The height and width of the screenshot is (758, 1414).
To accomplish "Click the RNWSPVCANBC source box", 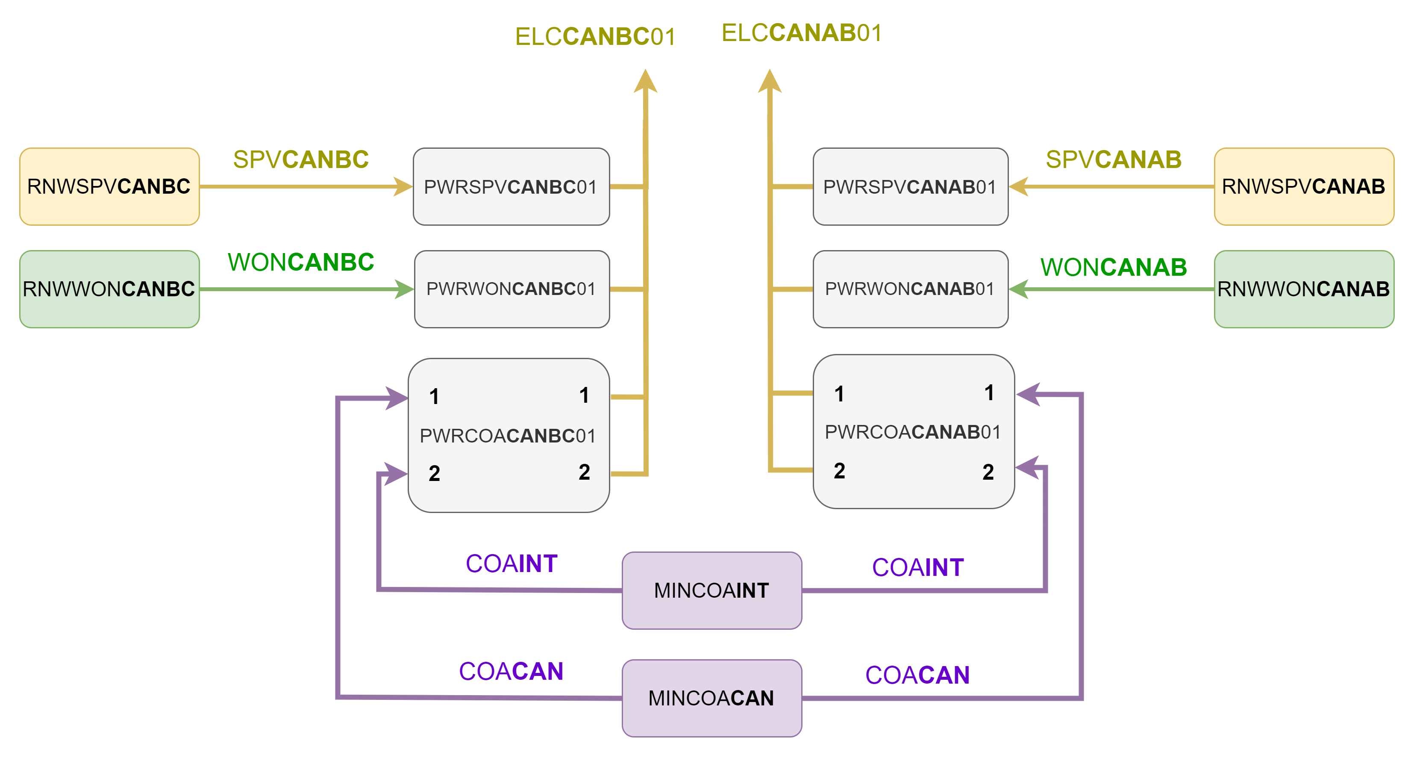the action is pyautogui.click(x=109, y=186).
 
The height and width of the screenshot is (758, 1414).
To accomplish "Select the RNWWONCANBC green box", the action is pyautogui.click(x=109, y=289).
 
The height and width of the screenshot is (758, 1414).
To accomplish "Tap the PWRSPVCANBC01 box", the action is pyautogui.click(x=511, y=186).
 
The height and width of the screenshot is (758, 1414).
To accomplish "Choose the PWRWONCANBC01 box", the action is pyautogui.click(x=512, y=289).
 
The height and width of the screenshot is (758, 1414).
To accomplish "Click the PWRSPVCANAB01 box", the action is pyautogui.click(x=910, y=186).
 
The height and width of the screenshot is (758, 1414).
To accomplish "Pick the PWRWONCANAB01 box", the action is pyautogui.click(x=910, y=289).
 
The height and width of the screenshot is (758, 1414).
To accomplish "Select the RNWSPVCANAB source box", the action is pyautogui.click(x=1304, y=186).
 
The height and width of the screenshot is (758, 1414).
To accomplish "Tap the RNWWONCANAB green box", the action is pyautogui.click(x=1304, y=289).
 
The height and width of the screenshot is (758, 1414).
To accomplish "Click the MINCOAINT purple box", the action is pyautogui.click(x=711, y=590).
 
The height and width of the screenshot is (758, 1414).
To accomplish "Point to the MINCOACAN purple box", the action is pyautogui.click(x=711, y=698).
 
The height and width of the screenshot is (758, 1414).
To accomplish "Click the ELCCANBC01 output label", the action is pyautogui.click(x=595, y=37).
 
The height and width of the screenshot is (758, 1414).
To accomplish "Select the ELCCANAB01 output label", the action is pyautogui.click(x=801, y=33).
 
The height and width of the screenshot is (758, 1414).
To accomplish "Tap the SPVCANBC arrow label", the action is pyautogui.click(x=301, y=159).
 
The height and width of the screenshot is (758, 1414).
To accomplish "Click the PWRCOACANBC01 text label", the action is pyautogui.click(x=508, y=436).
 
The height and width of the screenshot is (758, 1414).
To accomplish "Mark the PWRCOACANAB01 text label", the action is pyautogui.click(x=912, y=432).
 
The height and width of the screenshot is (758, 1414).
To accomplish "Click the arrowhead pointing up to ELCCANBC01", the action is pyautogui.click(x=646, y=81).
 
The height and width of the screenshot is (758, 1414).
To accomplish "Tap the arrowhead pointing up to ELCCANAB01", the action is pyautogui.click(x=770, y=81).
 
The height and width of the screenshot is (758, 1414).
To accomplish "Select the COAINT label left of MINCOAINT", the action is pyautogui.click(x=512, y=563).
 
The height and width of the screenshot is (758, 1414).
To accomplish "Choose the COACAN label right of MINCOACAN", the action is pyautogui.click(x=917, y=675).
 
